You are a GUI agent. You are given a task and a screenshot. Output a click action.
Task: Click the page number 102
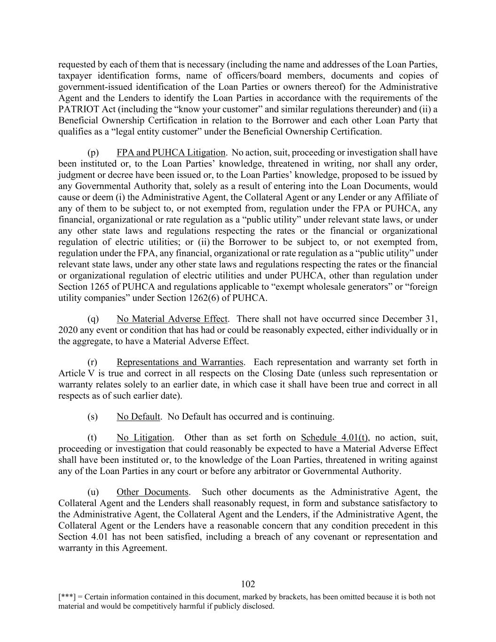(x=248, y=584)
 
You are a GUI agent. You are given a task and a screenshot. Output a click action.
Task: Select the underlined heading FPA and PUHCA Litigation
(x=171, y=152)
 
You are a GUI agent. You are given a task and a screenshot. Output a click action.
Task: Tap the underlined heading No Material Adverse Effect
(x=172, y=318)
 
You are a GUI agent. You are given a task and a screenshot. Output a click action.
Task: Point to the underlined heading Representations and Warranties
(x=180, y=362)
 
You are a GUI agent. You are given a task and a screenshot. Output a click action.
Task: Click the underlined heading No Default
(x=139, y=417)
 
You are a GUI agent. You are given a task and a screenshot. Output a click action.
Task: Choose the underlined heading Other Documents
(x=153, y=492)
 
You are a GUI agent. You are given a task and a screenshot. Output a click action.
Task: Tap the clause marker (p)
(x=93, y=152)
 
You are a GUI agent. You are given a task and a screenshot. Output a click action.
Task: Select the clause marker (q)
(x=93, y=318)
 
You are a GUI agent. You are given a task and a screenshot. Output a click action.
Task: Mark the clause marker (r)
(x=93, y=362)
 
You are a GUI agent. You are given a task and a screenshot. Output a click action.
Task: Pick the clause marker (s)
(x=93, y=417)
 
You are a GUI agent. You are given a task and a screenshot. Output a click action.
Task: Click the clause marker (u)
(x=93, y=492)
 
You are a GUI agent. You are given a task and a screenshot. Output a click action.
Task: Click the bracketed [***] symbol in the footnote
(x=66, y=597)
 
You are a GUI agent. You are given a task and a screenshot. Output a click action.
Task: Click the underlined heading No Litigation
(x=144, y=437)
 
